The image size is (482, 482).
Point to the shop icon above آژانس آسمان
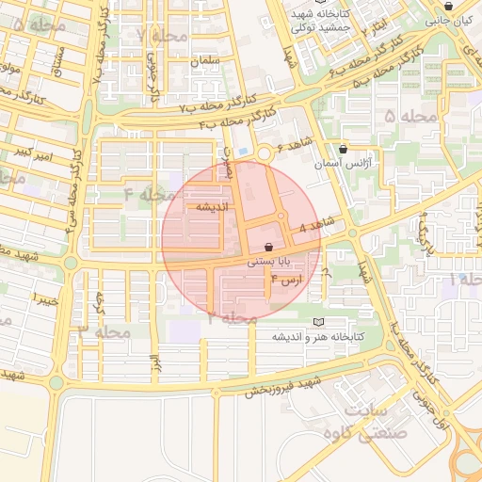(x=342, y=148)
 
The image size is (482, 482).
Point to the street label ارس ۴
(x=287, y=281)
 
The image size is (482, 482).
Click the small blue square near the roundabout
(x=245, y=152)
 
